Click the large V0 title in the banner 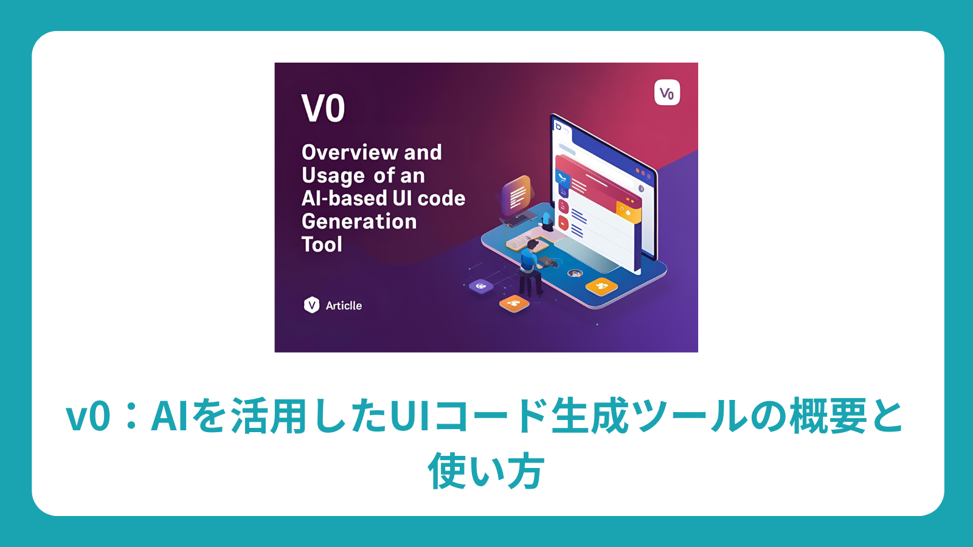coord(323,108)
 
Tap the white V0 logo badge coord(667,93)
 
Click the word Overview coord(350,152)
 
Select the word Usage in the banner coord(333,176)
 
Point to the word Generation coord(359,221)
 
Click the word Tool coord(322,244)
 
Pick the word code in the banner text coord(441,198)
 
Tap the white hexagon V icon coord(311,304)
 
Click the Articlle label coord(344,306)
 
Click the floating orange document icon coord(517,195)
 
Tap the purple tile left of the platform coord(481,286)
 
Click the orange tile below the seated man coord(514,303)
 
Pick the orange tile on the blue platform coord(601,286)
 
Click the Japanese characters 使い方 coord(486,471)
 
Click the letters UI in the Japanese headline coord(409,417)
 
